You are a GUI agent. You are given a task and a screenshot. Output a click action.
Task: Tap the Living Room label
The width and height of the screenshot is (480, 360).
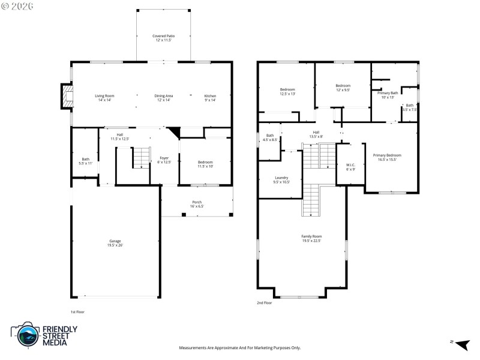pos(104,98)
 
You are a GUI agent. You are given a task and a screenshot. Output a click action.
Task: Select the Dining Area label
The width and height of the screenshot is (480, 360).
pos(164,98)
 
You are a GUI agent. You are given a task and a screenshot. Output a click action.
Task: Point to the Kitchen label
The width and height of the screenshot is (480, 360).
pos(210,98)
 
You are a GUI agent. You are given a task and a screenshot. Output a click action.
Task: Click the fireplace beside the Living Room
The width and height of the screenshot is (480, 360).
pos(66,97)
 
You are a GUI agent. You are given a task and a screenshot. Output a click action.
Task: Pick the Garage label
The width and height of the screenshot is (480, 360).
pos(115,243)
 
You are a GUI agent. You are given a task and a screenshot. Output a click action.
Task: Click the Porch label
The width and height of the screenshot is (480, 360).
pos(197,204)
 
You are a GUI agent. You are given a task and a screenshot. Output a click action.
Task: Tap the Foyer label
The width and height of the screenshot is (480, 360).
pos(164,160)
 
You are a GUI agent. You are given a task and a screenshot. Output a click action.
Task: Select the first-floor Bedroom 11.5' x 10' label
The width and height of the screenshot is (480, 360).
pos(205,164)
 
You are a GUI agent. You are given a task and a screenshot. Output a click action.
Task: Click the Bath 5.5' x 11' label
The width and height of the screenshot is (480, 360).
pos(86,161)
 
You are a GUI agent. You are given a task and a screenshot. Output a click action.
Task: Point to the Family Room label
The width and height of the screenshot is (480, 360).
pos(311,238)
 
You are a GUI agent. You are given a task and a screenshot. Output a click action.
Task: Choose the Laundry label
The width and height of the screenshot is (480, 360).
pos(281,179)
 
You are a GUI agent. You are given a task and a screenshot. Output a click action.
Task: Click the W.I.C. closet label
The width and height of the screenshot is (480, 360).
pos(350,167)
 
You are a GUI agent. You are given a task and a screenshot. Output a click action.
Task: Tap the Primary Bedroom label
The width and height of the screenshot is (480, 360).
pos(387,157)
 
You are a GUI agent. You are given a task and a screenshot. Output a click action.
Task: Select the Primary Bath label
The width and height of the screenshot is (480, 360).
pos(387,95)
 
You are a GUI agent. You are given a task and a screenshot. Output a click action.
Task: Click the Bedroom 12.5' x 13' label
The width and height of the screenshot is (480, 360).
pos(287,92)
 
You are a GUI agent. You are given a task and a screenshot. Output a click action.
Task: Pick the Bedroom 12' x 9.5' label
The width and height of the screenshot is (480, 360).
pos(343,88)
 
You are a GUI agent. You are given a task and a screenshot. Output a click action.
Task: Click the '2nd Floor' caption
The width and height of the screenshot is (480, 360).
pos(265,303)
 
